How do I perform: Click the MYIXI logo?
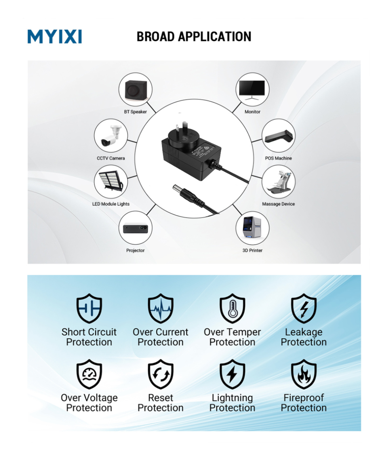point(54,37)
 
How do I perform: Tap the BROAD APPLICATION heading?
point(194,37)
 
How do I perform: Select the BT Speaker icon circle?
point(135,90)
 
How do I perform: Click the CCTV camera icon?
point(110,136)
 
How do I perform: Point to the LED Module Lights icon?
point(110,182)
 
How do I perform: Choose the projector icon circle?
point(135,228)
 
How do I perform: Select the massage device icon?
point(279,182)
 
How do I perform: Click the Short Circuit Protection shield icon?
point(89,308)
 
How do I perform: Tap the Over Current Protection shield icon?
point(160,308)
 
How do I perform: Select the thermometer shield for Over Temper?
point(232,308)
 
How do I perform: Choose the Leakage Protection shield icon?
point(304,308)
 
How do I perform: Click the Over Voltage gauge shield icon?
point(89,374)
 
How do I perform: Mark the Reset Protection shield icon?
point(160,374)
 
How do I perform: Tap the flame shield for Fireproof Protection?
point(304,374)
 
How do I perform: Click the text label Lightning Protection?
point(232,403)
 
